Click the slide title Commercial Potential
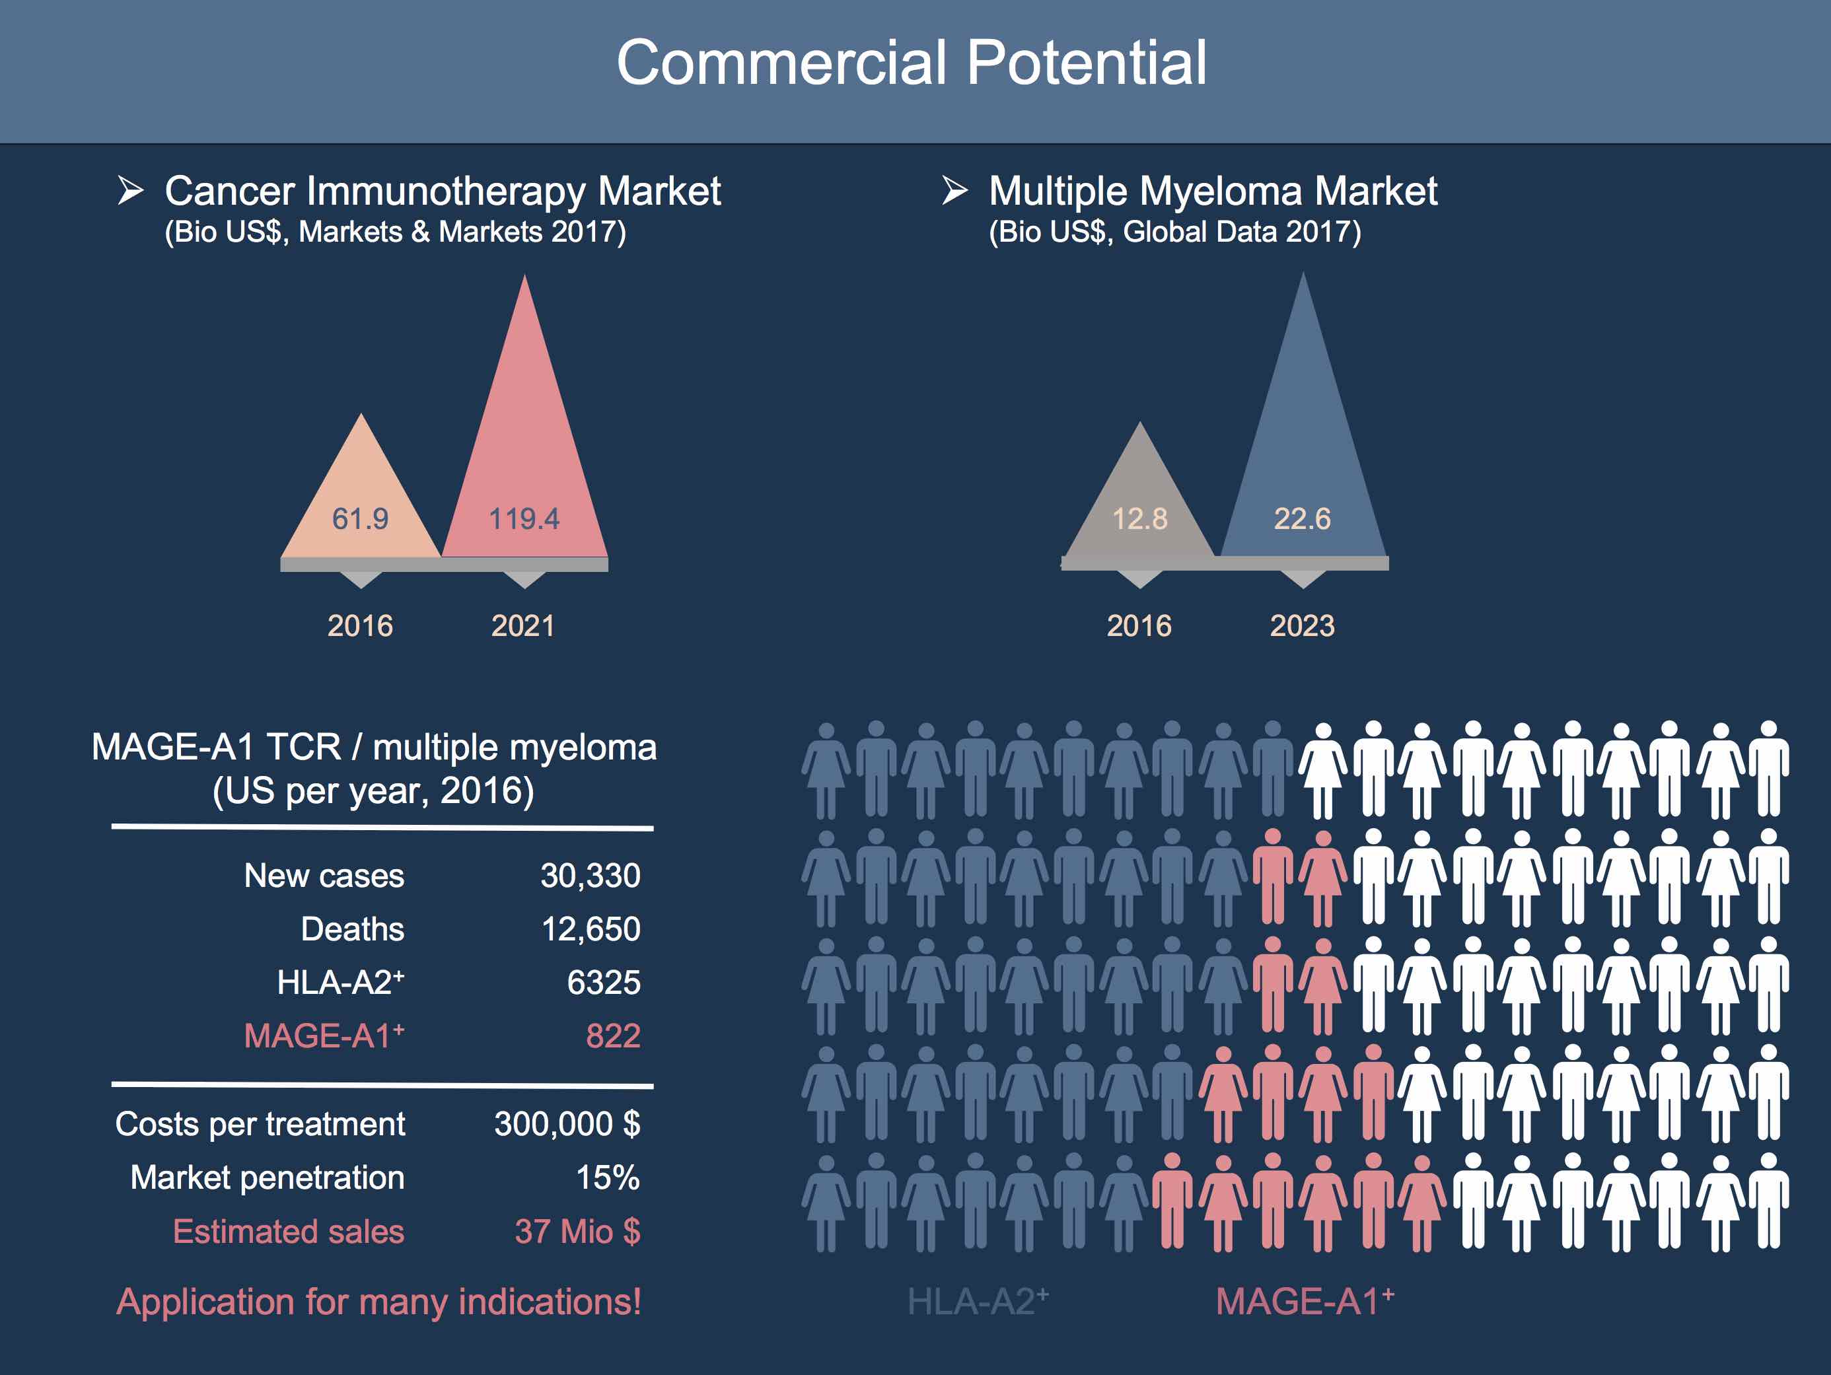(x=912, y=63)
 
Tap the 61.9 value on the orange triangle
(x=360, y=519)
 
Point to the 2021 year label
(x=523, y=626)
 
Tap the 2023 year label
(x=1302, y=626)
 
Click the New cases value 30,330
(x=591, y=876)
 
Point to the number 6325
(x=604, y=983)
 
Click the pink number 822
(x=612, y=1036)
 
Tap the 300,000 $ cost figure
(x=567, y=1124)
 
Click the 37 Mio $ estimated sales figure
(x=577, y=1232)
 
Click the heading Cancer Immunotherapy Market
(x=443, y=192)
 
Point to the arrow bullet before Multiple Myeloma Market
(x=954, y=190)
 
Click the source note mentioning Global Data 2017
(x=1174, y=232)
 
